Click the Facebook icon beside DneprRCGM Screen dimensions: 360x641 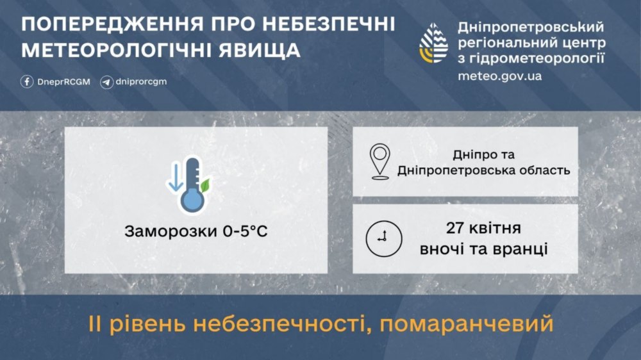click(27, 81)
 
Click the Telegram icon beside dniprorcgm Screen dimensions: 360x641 click(106, 81)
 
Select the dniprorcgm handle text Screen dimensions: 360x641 click(142, 81)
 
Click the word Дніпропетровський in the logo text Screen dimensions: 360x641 click(531, 28)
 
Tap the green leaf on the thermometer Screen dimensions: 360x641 click(206, 186)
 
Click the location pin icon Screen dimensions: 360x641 click(379, 161)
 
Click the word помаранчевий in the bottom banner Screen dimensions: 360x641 click(466, 325)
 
